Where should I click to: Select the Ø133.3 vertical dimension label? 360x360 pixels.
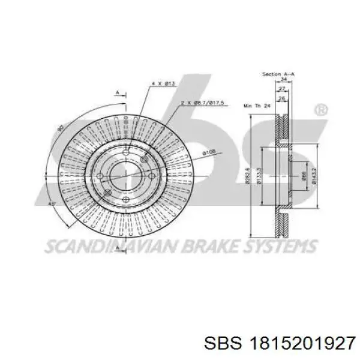(x=259, y=178)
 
